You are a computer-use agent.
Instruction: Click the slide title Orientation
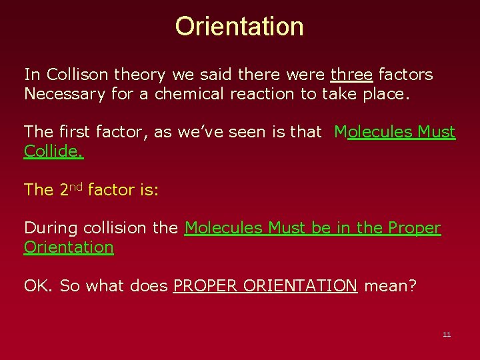239,27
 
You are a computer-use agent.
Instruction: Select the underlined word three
351,74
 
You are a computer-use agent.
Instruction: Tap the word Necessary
65,94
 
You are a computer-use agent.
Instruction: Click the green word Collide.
54,151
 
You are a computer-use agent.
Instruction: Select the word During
51,228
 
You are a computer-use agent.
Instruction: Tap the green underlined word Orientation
69,247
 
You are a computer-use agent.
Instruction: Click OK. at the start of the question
39,286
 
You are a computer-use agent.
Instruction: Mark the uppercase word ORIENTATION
300,286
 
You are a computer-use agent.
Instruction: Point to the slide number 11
447,334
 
